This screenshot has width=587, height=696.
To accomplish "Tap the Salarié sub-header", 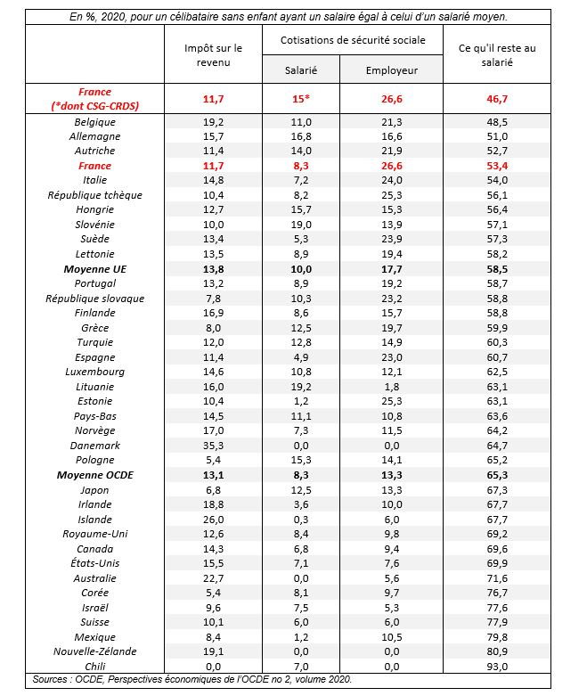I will click(301, 69).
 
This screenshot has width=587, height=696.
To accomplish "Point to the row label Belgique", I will click(95, 122).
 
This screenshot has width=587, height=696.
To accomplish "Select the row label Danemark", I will click(95, 445).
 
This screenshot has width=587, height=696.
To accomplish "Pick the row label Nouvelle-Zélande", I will click(95, 651).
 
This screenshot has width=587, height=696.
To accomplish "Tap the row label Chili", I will click(95, 666).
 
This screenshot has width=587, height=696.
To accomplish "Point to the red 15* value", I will click(301, 98).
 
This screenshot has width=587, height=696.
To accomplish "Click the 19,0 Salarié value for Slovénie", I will click(301, 225).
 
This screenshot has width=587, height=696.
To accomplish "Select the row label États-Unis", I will click(95, 562).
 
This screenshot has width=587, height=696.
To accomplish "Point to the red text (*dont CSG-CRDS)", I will click(95, 105).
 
